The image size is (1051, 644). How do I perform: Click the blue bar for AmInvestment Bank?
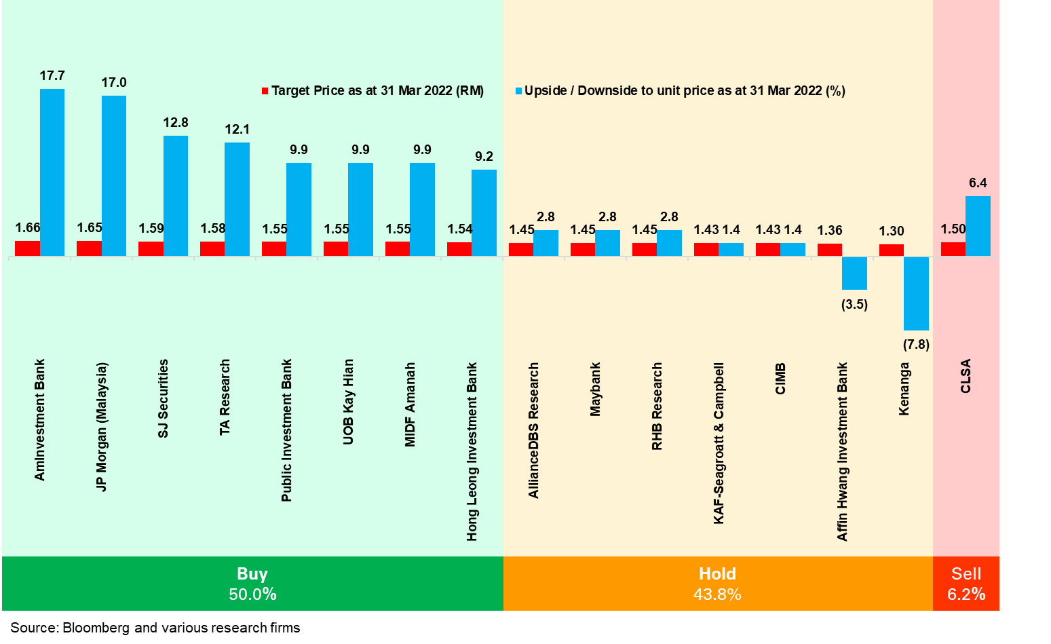point(52,172)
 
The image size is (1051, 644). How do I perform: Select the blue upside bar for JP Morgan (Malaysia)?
point(114,176)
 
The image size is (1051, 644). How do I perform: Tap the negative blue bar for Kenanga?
point(916,293)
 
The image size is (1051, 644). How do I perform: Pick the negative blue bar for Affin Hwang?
point(854,273)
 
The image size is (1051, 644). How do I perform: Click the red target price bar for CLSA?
point(953,249)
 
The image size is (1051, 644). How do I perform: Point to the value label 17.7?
point(52,76)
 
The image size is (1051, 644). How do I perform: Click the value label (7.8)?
point(916,345)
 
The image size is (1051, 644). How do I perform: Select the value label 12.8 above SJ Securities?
point(176,123)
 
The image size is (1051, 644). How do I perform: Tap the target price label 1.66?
point(28,228)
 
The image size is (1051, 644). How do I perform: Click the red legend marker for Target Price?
point(265,91)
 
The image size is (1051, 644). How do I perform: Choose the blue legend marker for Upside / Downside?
point(519,91)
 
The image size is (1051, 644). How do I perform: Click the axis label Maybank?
point(595,390)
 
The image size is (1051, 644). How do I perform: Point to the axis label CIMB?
point(780,379)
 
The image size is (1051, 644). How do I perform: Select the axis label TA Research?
point(225,397)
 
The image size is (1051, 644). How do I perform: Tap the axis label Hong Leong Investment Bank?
point(472,451)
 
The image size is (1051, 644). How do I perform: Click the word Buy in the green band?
point(252,574)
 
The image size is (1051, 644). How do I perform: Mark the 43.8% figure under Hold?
point(717,594)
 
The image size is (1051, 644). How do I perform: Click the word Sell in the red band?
point(966,574)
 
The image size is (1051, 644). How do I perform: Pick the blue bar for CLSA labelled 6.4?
point(978,226)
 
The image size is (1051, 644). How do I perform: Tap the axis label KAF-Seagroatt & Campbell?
point(719,443)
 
